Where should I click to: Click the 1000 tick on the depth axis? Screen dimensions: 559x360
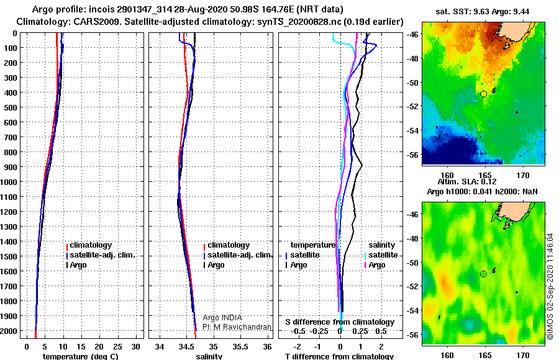pyautogui.click(x=8, y=182)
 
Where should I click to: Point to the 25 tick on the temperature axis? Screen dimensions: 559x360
pyautogui.click(x=117, y=347)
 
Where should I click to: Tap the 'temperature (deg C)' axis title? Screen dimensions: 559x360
pyautogui.click(x=80, y=356)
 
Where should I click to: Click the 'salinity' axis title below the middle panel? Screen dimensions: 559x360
pyautogui.click(x=209, y=356)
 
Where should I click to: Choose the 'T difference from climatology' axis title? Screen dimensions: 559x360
pyautogui.click(x=339, y=356)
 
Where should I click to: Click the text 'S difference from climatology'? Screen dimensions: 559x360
pyautogui.click(x=340, y=322)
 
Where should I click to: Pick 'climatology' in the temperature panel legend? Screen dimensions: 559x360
pyautogui.click(x=91, y=245)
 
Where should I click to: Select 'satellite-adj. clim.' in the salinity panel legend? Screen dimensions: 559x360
pyautogui.click(x=240, y=255)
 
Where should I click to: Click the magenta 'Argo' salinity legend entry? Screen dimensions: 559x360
pyautogui.click(x=377, y=265)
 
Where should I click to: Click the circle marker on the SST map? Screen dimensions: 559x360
pyautogui.click(x=483, y=94)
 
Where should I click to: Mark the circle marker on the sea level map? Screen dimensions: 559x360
pyautogui.click(x=483, y=274)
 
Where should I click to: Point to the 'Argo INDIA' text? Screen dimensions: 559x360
pyautogui.click(x=222, y=318)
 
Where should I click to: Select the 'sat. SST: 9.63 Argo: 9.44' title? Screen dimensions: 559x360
pyautogui.click(x=483, y=11)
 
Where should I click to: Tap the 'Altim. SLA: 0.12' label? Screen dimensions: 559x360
pyautogui.click(x=467, y=181)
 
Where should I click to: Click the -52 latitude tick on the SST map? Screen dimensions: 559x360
pyautogui.click(x=412, y=106)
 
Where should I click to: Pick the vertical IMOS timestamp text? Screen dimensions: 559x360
pyautogui.click(x=550, y=286)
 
